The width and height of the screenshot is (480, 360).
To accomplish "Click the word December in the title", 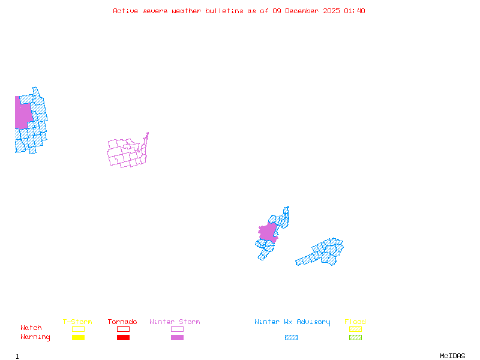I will (303, 11).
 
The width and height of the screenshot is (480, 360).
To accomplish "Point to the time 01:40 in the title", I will (355, 11).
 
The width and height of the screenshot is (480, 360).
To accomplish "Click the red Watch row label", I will (31, 328).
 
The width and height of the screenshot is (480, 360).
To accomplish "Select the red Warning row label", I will (35, 337).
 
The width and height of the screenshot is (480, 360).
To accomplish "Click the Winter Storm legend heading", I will (175, 322).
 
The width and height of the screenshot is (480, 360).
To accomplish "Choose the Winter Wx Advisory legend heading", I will (292, 322).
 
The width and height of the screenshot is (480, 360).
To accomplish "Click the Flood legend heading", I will (355, 322).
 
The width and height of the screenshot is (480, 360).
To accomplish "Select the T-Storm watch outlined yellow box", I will (78, 329).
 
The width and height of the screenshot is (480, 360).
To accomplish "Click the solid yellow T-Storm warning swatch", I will (78, 337).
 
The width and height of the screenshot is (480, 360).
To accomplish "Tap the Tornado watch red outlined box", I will (123, 329).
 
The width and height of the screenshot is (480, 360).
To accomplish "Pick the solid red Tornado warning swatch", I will (123, 337).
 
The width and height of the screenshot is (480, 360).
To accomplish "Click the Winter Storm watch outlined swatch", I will (177, 329).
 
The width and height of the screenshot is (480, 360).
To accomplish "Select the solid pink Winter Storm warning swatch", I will (177, 337).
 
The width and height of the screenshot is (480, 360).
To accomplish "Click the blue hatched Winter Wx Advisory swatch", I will (291, 337).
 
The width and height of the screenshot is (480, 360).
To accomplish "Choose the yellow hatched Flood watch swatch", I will (355, 329).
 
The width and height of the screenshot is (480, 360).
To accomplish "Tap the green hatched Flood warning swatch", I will (355, 337).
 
